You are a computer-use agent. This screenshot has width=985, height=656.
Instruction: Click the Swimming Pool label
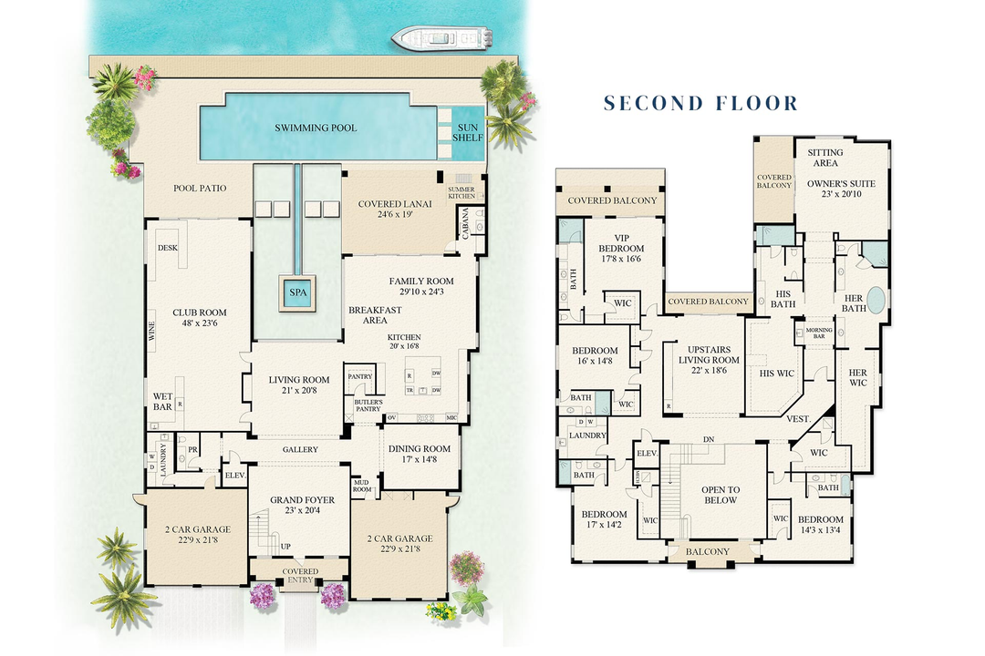tap(316, 128)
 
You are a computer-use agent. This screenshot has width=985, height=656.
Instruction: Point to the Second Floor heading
tap(700, 103)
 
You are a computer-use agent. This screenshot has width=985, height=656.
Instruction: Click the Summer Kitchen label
tap(461, 193)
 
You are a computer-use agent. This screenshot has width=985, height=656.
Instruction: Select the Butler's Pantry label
tap(368, 405)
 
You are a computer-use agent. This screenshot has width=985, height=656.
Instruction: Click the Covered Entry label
tap(300, 575)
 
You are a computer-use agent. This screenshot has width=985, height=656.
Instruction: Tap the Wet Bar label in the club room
tap(163, 401)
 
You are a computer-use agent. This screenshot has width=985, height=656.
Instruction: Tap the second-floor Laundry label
tap(587, 436)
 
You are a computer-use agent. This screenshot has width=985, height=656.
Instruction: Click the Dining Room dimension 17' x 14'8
tap(420, 460)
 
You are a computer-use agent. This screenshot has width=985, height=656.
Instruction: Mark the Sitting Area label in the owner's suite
tap(825, 158)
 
